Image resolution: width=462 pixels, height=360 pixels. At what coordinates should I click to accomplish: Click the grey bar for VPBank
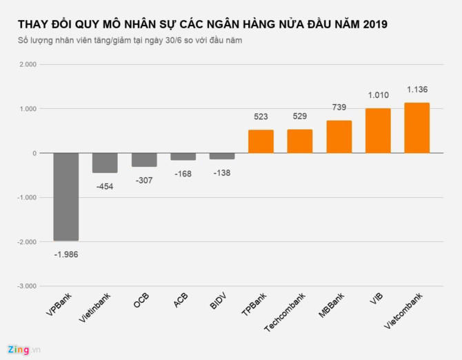(66, 197)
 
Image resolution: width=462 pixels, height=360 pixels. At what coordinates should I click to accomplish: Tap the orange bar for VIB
(378, 130)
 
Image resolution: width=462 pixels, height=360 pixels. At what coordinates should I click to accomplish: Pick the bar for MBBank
(339, 137)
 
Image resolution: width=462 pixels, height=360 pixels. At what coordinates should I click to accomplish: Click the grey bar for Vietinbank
(105, 163)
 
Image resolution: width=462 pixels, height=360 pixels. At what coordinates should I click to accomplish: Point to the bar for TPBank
(261, 141)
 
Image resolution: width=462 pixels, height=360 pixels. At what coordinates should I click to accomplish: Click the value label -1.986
(66, 254)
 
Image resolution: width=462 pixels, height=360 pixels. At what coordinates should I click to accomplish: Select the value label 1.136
(416, 90)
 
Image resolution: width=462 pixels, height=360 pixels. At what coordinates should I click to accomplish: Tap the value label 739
(339, 108)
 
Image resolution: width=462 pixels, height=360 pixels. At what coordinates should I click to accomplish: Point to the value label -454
(105, 186)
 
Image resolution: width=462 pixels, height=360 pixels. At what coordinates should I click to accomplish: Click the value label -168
(183, 174)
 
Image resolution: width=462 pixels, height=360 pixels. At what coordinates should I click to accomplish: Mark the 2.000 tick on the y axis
(27, 65)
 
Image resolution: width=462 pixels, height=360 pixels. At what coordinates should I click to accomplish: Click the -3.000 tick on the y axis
(26, 286)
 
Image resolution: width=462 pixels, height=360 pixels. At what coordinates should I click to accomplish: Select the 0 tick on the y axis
(34, 153)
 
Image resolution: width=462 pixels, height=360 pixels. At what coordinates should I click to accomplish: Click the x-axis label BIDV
(218, 303)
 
